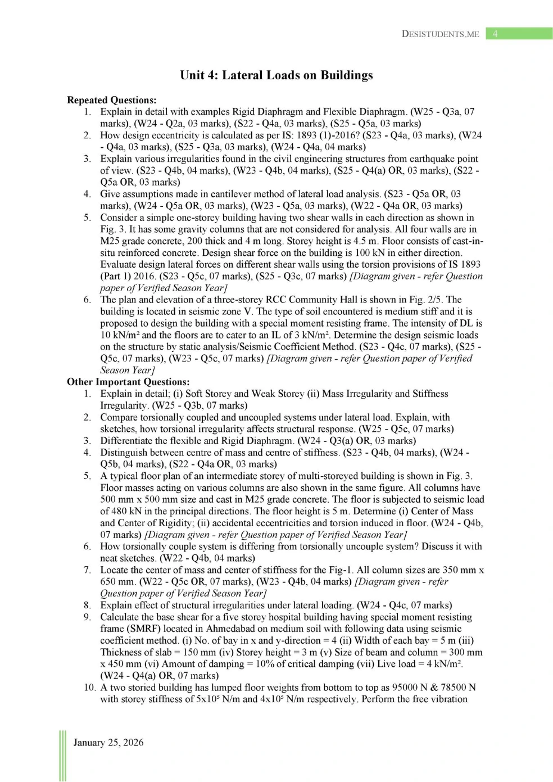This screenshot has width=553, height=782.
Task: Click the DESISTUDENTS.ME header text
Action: (x=440, y=34)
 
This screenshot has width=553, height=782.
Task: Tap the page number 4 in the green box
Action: (x=495, y=34)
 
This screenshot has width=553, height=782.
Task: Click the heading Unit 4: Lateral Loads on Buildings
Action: (x=276, y=75)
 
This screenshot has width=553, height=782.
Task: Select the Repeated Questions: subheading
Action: (x=111, y=100)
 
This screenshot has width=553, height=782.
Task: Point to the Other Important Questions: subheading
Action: (x=128, y=382)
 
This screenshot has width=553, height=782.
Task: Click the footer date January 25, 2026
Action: (x=108, y=743)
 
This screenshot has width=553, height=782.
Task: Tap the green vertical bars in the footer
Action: (x=62, y=756)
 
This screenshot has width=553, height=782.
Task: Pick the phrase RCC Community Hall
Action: (x=307, y=300)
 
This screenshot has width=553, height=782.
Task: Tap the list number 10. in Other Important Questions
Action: (x=89, y=688)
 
